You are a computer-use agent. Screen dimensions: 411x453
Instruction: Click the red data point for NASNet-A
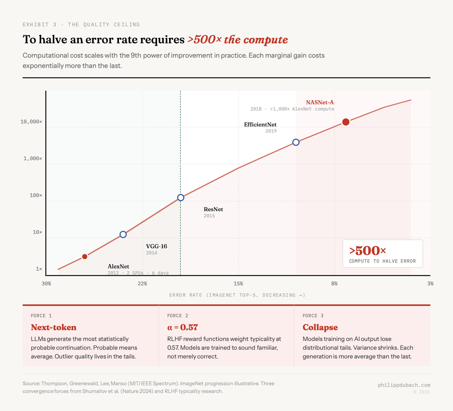[346, 122]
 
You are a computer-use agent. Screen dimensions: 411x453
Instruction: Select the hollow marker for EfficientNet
[296, 142]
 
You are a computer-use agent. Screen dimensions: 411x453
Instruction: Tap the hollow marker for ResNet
[181, 198]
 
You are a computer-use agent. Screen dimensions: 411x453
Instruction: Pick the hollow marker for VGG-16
[123, 235]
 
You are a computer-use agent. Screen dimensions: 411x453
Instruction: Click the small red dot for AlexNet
[85, 256]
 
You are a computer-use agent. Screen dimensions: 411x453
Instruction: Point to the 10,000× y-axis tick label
[31, 122]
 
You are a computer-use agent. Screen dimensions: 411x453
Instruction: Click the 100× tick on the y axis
[36, 195]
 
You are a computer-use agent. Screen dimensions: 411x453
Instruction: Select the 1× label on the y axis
[39, 269]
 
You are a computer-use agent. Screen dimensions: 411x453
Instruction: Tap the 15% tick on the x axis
[238, 284]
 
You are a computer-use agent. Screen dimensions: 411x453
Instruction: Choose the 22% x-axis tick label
[142, 284]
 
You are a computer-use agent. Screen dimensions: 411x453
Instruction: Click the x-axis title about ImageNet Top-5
[237, 295]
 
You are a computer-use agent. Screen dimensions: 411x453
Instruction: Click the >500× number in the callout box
[367, 250]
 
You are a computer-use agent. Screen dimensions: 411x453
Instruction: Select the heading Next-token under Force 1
[54, 327]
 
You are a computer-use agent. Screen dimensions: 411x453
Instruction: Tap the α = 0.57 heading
[182, 327]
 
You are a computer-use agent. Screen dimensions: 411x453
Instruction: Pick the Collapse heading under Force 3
[320, 327]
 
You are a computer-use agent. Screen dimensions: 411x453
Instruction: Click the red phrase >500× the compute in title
[237, 40]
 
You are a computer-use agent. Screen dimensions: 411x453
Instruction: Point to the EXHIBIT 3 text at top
[39, 25]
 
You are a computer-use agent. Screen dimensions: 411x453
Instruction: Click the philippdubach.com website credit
[404, 385]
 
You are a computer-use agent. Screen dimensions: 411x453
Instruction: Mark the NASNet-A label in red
[320, 102]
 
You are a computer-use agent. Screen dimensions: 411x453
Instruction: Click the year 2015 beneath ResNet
[209, 216]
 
